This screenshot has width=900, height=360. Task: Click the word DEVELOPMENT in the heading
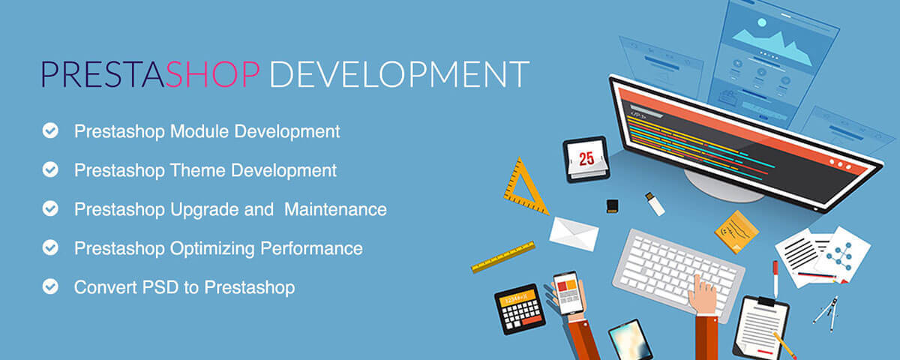coord(398,75)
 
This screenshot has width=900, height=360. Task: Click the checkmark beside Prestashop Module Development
coord(50,131)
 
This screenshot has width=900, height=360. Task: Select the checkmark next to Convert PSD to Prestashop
coord(50,286)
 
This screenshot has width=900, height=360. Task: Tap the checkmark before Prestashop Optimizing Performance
coord(50,247)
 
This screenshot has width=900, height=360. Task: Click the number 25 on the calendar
coord(586,158)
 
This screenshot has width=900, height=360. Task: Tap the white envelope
coord(574,232)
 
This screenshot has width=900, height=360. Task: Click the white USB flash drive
coord(655,203)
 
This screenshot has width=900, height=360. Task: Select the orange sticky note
coord(736,231)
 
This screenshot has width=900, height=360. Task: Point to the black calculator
coord(520,307)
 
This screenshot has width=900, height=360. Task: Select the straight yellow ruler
coord(502,256)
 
